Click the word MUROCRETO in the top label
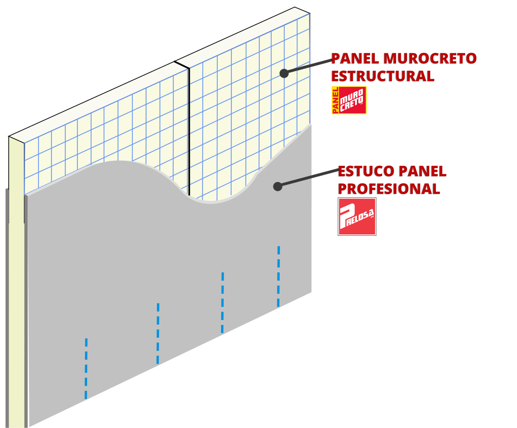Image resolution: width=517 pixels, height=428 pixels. (x=430, y=58)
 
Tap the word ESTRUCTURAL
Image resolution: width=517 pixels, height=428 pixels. (x=383, y=76)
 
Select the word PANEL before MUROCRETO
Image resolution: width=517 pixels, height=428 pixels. (x=355, y=58)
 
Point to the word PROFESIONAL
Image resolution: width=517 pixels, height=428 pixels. (x=389, y=189)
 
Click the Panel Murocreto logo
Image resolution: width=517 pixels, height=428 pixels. (x=349, y=100)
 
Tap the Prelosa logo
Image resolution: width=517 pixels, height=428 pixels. (x=357, y=217)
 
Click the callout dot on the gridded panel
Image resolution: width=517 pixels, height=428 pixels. (x=284, y=73)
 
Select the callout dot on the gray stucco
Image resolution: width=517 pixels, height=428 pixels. (x=278, y=186)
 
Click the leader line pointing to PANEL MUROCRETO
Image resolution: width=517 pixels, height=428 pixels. (x=308, y=67)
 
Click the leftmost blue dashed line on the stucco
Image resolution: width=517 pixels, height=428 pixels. (x=86, y=368)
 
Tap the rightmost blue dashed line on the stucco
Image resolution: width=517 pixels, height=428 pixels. (x=279, y=276)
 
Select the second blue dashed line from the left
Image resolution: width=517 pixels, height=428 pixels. (x=158, y=333)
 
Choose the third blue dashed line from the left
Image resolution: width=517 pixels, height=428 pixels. (x=223, y=303)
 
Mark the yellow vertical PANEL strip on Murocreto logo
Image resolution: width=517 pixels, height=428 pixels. (x=335, y=100)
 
